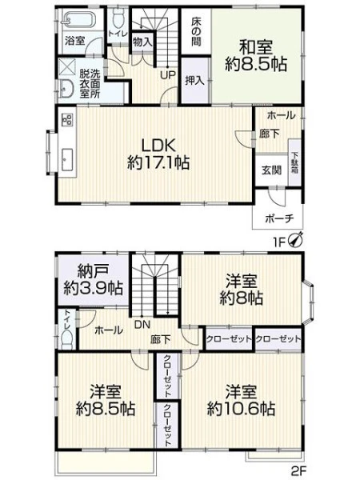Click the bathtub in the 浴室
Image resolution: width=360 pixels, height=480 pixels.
[79, 19]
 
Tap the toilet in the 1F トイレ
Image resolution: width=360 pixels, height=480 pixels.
[118, 18]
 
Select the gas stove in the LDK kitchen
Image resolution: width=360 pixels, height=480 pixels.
[67, 120]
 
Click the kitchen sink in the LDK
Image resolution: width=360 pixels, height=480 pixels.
[67, 159]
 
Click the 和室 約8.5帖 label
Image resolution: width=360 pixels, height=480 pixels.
[256, 56]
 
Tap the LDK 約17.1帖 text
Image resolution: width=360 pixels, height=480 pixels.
[158, 154]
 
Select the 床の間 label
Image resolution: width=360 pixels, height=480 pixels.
[196, 30]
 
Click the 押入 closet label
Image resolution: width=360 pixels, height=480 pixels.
[194, 81]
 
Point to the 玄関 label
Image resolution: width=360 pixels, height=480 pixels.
[271, 170]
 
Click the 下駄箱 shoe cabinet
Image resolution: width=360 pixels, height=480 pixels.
[294, 162]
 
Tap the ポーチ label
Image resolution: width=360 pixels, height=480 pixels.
[279, 218]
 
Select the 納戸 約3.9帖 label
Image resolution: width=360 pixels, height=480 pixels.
[94, 279]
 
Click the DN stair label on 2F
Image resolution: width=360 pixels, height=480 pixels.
[142, 325]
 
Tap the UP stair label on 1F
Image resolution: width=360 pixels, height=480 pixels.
[168, 74]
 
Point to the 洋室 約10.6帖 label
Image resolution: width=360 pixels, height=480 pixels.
[241, 400]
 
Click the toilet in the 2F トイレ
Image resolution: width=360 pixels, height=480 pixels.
[67, 339]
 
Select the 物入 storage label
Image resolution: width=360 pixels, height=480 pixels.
[142, 42]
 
